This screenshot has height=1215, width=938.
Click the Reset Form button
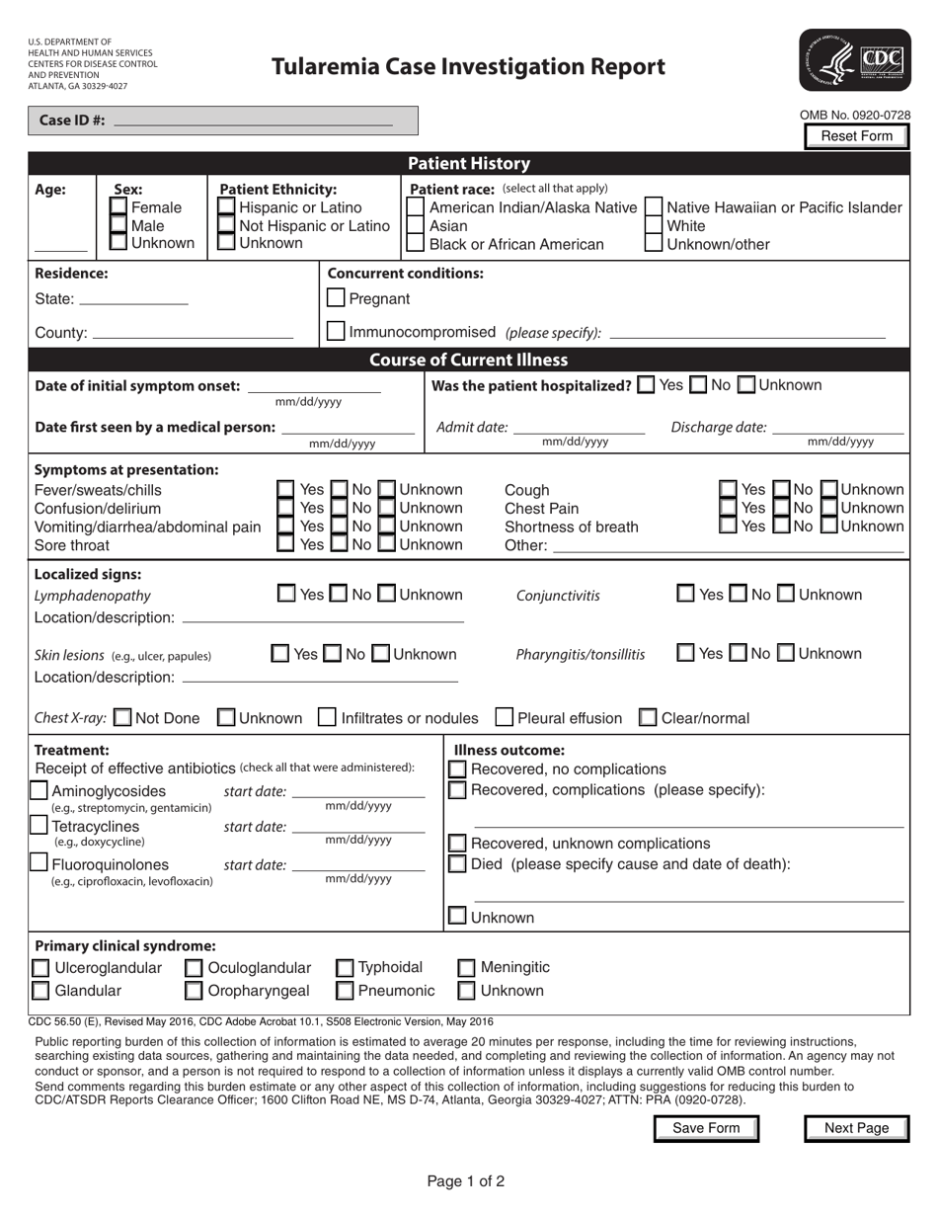[856, 136]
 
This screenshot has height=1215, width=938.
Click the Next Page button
[856, 1128]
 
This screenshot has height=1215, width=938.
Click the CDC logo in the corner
[855, 61]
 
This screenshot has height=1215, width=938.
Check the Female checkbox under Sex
[118, 207]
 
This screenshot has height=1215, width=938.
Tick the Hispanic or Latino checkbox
[226, 207]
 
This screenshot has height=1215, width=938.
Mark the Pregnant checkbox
[336, 298]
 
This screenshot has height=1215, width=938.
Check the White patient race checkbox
[654, 226]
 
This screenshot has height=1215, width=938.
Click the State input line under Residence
[133, 299]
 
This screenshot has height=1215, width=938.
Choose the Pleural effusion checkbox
[505, 718]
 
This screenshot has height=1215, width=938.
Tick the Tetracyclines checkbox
[39, 827]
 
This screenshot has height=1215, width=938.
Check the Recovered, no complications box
[458, 769]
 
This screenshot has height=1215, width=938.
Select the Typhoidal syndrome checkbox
[346, 968]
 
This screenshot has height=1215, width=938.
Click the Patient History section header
[469, 164]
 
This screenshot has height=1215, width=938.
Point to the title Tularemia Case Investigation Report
[468, 67]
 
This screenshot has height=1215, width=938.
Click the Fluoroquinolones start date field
[359, 865]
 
